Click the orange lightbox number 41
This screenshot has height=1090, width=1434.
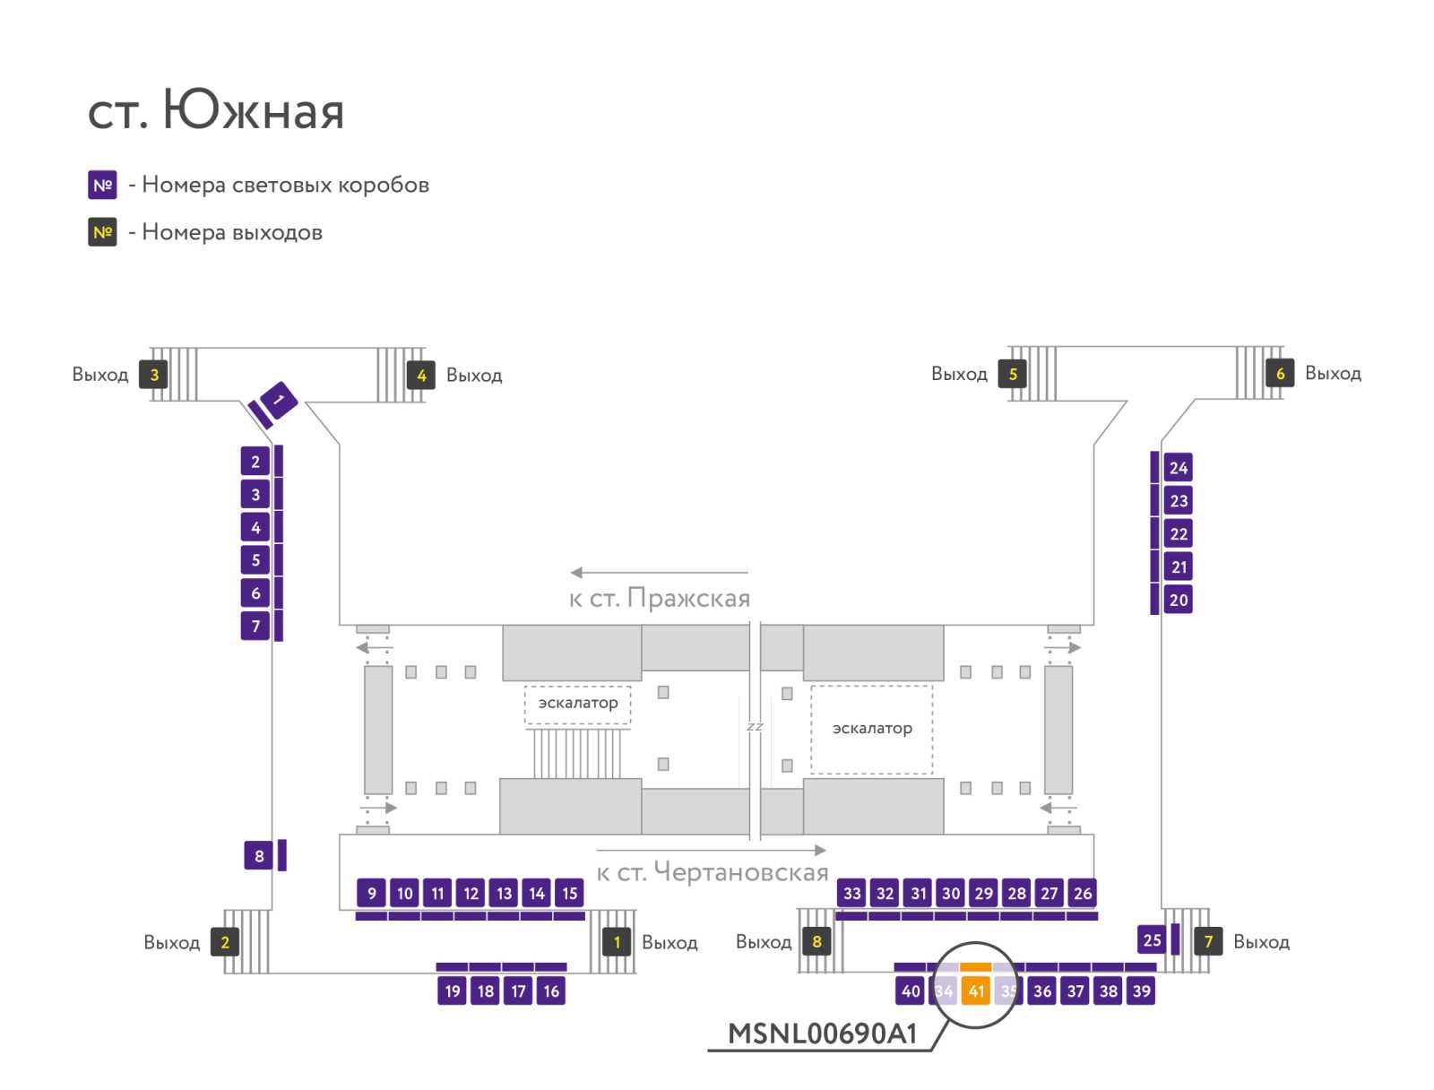click(x=975, y=991)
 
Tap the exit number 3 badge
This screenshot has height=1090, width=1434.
click(x=153, y=374)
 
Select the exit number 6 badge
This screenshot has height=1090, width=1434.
click(x=1280, y=373)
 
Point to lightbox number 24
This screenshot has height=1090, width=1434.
click(x=1178, y=468)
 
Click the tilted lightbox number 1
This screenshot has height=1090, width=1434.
click(x=279, y=400)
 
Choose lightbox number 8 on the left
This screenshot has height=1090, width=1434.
click(x=259, y=855)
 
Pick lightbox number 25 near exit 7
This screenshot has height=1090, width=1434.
click(x=1152, y=939)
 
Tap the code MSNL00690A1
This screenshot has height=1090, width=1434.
click(x=822, y=1034)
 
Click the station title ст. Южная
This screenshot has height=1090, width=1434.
click(x=216, y=110)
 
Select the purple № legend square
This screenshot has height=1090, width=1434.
click(x=102, y=185)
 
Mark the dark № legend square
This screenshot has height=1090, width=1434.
click(x=102, y=232)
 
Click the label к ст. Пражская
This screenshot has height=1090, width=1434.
click(x=659, y=598)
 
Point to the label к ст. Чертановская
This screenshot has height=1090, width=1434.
click(x=713, y=872)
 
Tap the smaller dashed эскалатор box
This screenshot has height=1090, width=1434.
click(x=577, y=705)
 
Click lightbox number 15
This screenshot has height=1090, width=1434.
click(x=569, y=893)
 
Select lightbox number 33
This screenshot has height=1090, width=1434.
click(x=851, y=893)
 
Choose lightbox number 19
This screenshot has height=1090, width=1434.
click(x=452, y=991)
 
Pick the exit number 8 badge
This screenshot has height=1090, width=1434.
click(x=816, y=941)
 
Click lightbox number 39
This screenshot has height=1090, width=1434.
click(x=1141, y=991)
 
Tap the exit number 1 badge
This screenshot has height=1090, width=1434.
click(x=616, y=942)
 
